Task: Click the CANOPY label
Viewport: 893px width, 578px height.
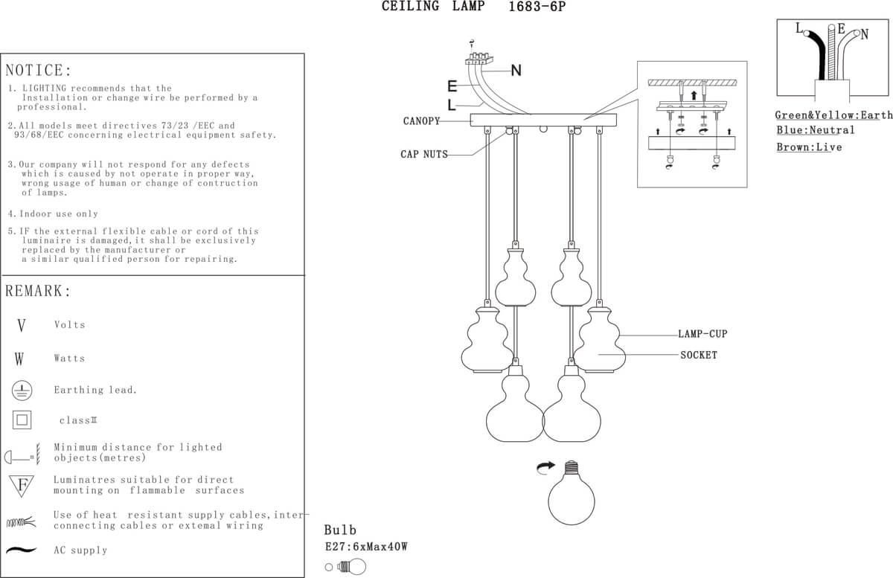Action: (x=421, y=121)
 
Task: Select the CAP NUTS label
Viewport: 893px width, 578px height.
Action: (x=424, y=154)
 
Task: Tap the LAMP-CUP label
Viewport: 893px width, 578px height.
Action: (x=702, y=334)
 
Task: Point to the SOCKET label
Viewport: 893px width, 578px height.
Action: (x=699, y=355)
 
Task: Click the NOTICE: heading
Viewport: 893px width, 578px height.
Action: (x=38, y=70)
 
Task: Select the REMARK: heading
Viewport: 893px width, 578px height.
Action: (x=38, y=291)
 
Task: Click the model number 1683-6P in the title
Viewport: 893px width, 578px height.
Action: (x=537, y=7)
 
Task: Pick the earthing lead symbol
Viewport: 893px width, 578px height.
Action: (x=22, y=391)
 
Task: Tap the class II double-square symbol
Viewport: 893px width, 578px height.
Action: (x=22, y=420)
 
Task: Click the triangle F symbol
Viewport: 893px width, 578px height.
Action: (x=22, y=485)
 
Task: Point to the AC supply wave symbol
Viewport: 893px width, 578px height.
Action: (x=21, y=550)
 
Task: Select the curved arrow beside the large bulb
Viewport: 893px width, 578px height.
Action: (x=545, y=467)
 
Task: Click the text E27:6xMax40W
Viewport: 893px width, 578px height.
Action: (x=366, y=547)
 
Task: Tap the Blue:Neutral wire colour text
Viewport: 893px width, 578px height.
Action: (x=816, y=130)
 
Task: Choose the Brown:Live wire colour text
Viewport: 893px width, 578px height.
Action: (x=810, y=147)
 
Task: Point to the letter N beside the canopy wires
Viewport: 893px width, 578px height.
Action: (x=516, y=71)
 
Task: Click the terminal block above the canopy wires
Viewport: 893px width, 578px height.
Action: (x=478, y=58)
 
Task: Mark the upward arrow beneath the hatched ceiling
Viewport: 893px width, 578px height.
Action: (x=694, y=96)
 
